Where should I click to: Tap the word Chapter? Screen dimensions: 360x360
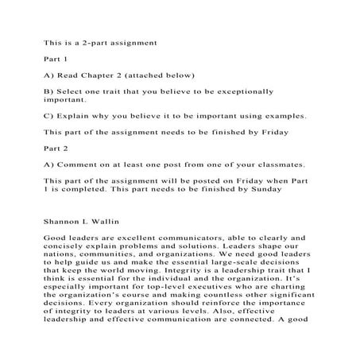coord(105,75)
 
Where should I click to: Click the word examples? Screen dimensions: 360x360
coord(282,115)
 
